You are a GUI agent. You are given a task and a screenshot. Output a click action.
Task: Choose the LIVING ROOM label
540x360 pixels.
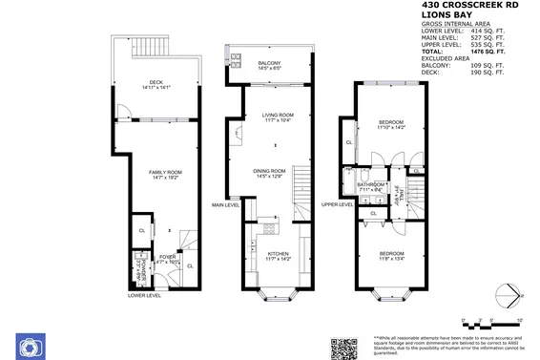pos(277,117)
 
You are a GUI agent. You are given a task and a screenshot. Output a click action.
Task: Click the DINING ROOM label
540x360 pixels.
pos(270,173)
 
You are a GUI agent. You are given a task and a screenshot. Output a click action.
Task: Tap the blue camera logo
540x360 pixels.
pos(29,345)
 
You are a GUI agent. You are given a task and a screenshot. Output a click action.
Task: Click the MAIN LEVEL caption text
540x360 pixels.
pos(225,205)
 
